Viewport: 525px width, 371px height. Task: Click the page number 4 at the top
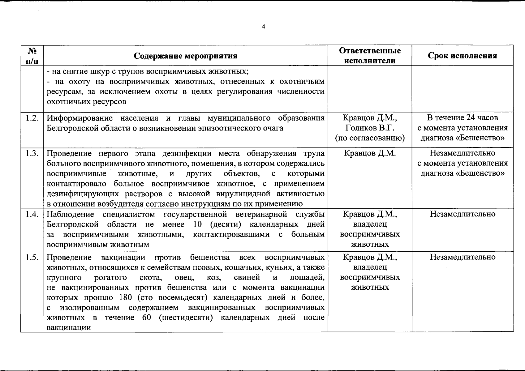point(263,27)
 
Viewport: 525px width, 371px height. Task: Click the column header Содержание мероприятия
point(186,56)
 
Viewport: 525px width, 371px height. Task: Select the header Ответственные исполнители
point(370,55)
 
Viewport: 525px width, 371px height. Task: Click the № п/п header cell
point(32,55)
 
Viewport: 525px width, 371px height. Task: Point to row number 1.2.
point(32,118)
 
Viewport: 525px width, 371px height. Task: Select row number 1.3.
point(32,153)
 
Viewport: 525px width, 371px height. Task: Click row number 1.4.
point(32,214)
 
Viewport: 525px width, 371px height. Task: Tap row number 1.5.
point(32,257)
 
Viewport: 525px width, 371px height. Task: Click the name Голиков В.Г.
point(370,128)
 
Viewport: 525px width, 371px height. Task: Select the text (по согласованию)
point(370,138)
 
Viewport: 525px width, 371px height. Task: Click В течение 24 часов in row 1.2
point(463,117)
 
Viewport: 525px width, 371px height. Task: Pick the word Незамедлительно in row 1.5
point(463,257)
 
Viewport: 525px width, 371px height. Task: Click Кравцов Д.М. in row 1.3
point(370,153)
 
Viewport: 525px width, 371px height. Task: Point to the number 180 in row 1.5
point(126,297)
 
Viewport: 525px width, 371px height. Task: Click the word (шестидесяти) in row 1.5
point(186,318)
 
